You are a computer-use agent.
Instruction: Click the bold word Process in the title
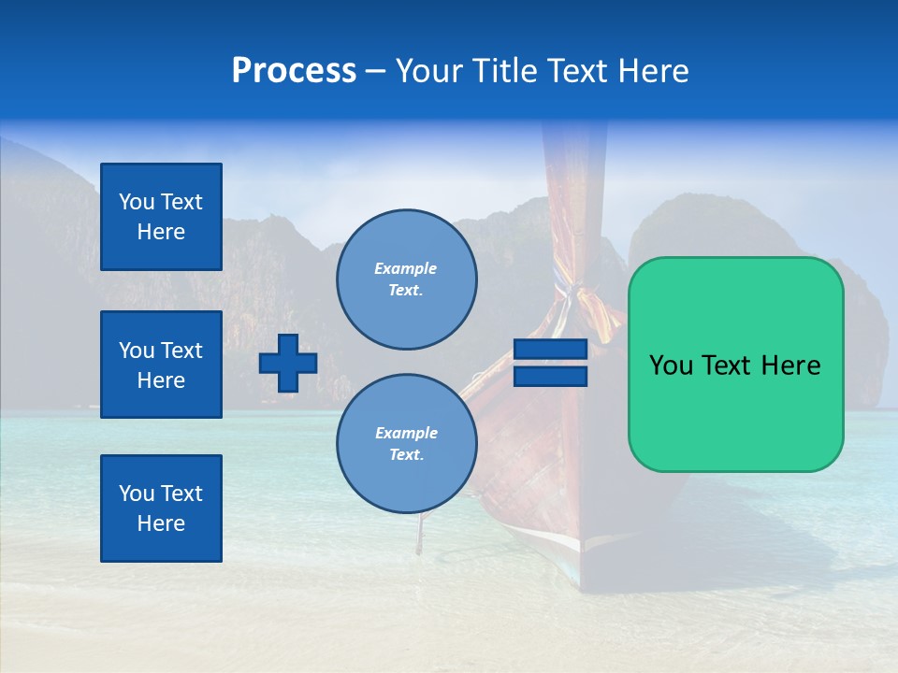click(x=294, y=71)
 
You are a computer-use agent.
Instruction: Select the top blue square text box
click(x=161, y=217)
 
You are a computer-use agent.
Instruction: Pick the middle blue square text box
click(x=161, y=365)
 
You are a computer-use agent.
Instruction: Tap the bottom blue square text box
click(x=161, y=508)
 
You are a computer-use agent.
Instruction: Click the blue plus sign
click(x=288, y=363)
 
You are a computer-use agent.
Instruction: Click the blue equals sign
click(x=550, y=363)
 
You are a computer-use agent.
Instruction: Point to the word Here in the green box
click(x=790, y=365)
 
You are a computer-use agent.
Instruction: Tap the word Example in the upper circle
click(x=406, y=268)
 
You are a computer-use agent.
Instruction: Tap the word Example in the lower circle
click(x=406, y=433)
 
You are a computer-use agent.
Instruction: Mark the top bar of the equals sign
click(x=550, y=350)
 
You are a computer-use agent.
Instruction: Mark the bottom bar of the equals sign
click(x=550, y=377)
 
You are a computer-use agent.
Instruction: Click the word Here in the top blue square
click(x=161, y=232)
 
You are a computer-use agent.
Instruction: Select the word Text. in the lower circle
click(x=406, y=455)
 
